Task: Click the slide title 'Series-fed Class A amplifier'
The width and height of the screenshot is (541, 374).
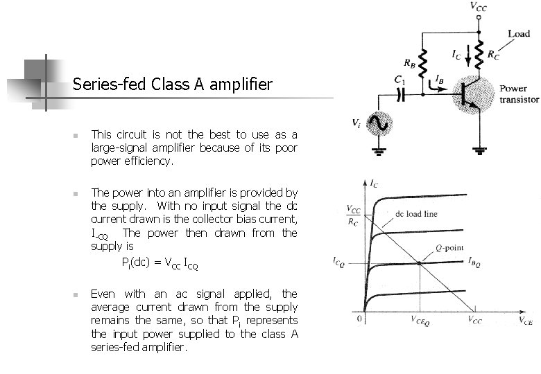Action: click(173, 85)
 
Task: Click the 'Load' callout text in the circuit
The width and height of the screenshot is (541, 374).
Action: click(519, 33)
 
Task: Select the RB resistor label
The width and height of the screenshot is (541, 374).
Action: click(410, 65)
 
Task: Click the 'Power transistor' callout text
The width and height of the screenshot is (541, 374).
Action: click(519, 94)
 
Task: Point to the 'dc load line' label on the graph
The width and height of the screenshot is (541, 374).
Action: click(416, 214)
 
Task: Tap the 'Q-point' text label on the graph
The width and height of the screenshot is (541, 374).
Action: click(449, 248)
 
